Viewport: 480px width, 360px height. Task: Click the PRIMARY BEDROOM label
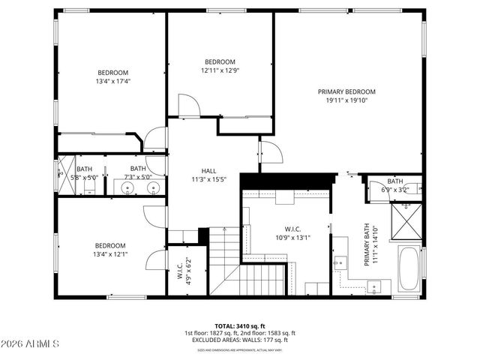coord(350,91)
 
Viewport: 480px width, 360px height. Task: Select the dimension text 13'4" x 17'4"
coord(112,81)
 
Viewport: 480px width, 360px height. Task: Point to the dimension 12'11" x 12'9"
coord(220,70)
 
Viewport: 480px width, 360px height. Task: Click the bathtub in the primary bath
coord(409,269)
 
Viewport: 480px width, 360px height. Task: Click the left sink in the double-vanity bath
coord(128,187)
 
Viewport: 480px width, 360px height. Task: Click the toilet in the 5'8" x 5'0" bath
coord(61,172)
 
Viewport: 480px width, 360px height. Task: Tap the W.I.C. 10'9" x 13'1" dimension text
coord(292,238)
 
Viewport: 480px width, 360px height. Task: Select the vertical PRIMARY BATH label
coord(367,244)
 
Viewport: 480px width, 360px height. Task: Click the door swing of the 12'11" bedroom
coord(188,106)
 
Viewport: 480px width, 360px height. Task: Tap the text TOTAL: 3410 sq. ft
coord(239,326)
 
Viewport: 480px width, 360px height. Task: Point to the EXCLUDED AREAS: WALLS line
coord(239,339)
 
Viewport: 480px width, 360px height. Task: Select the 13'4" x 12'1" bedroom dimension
coord(110,253)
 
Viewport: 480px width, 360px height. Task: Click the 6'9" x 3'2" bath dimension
coord(394,190)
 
